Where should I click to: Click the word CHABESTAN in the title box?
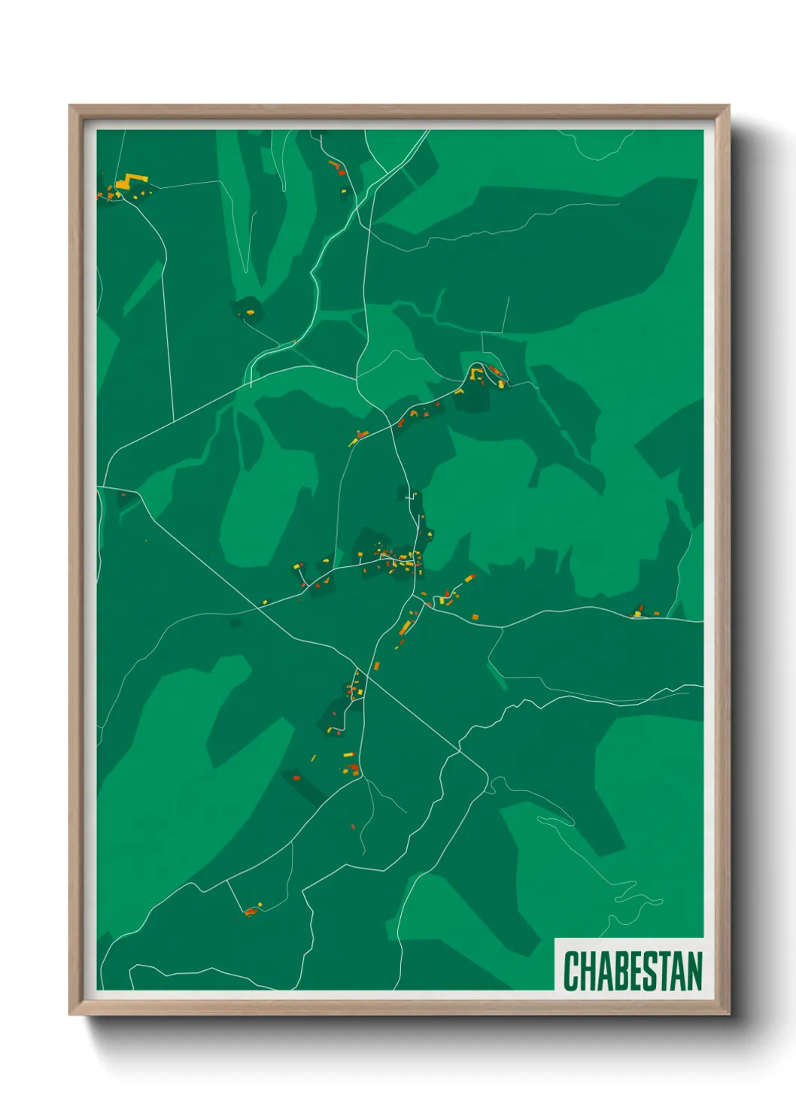[x=632, y=971]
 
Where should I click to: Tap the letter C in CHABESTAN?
[x=570, y=971]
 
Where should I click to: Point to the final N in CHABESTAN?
[x=694, y=971]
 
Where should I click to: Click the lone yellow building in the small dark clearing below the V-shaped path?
[x=250, y=311]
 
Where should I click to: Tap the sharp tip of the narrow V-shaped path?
[x=245, y=271]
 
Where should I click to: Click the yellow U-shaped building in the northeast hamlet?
[x=475, y=372]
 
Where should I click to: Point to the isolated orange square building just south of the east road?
[x=475, y=617]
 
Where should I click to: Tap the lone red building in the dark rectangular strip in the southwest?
[x=296, y=778]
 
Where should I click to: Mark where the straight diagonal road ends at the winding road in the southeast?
[x=458, y=751]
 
